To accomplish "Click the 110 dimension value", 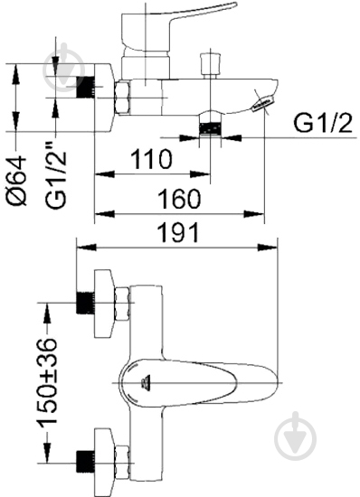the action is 152,158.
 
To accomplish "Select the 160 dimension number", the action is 179,199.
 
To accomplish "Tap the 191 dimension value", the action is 179,232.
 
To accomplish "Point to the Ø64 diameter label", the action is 16,181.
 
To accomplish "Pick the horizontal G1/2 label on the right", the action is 323,123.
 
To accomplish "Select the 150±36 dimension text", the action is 47,381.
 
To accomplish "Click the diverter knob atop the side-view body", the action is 210,64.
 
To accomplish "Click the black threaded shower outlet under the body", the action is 210,128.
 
